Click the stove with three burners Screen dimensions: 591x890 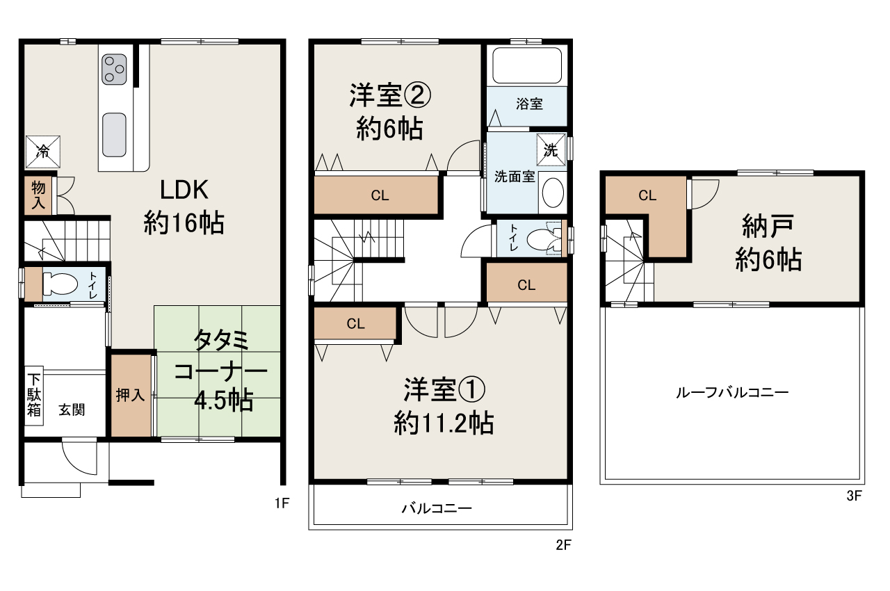tap(115, 70)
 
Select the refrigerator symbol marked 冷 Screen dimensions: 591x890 tap(42, 152)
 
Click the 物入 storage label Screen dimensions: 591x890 tap(38, 196)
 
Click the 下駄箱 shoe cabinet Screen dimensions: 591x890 tap(34, 395)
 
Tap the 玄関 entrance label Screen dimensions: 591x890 tap(72, 410)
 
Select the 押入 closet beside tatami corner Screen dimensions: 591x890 tap(130, 396)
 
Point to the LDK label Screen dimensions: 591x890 tap(185, 189)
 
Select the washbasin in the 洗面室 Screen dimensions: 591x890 tap(553, 193)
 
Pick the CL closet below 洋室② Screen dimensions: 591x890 tap(380, 195)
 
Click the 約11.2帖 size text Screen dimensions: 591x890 tap(444, 422)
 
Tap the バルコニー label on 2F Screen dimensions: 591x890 tap(437, 508)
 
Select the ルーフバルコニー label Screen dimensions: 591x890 tap(732, 392)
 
